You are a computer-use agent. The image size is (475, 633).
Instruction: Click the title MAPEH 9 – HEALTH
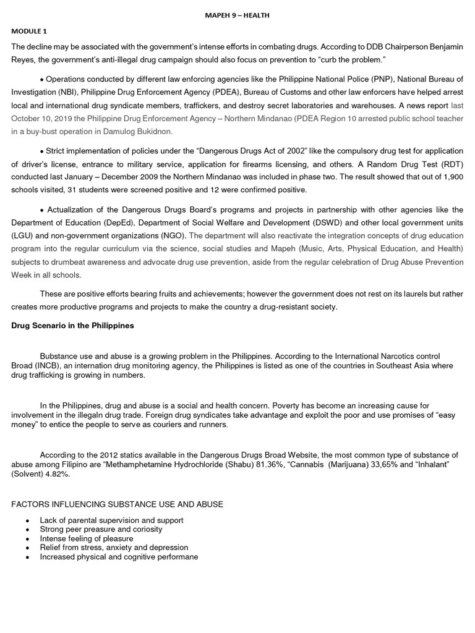(237, 15)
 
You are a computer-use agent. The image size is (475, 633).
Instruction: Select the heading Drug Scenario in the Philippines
(72, 326)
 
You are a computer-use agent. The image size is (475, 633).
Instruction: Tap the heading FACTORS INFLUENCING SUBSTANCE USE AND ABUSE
(117, 504)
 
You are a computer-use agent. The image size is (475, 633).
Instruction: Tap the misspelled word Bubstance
(59, 357)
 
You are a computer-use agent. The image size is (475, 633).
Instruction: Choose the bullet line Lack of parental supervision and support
(111, 520)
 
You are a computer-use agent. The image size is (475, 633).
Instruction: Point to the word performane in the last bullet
(176, 557)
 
